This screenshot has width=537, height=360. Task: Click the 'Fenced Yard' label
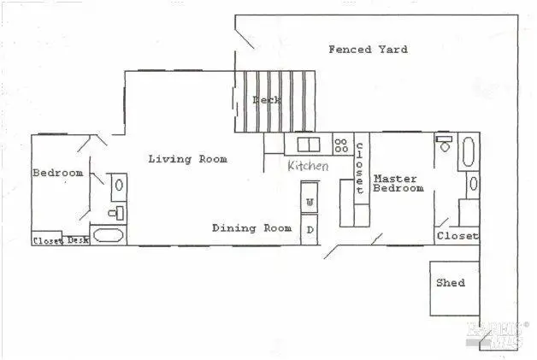point(368,50)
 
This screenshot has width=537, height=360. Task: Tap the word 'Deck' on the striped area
point(265,100)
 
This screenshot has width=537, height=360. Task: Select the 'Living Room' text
point(187,159)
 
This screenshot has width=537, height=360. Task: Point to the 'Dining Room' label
point(252,228)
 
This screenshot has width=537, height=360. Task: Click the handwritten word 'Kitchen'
point(307,166)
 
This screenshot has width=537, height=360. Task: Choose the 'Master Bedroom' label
point(398,183)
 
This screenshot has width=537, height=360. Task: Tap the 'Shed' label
point(450,282)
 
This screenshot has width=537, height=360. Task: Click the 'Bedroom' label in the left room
point(57,174)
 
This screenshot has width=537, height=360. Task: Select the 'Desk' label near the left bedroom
point(78,240)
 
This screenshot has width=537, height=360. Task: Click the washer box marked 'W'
point(310,202)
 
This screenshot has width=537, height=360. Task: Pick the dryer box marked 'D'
point(310,229)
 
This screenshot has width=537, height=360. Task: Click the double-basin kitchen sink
point(308,145)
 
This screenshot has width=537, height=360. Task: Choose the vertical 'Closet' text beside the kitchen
point(360,167)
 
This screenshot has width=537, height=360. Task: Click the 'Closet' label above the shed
point(457,236)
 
